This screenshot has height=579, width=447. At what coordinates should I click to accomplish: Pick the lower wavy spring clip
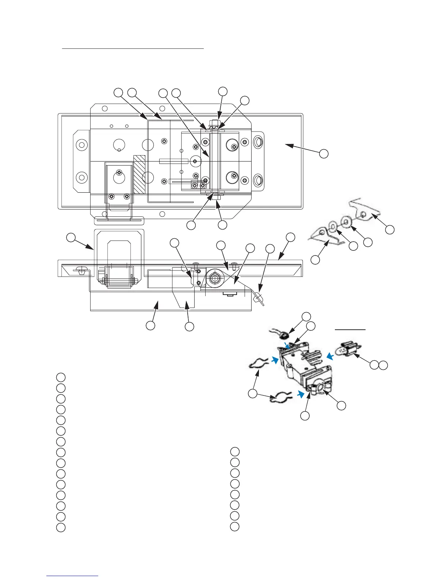pos(280,397)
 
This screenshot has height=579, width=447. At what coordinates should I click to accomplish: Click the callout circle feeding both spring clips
pos(252,394)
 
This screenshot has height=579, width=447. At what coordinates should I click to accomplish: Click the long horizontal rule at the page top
pos(133,48)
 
